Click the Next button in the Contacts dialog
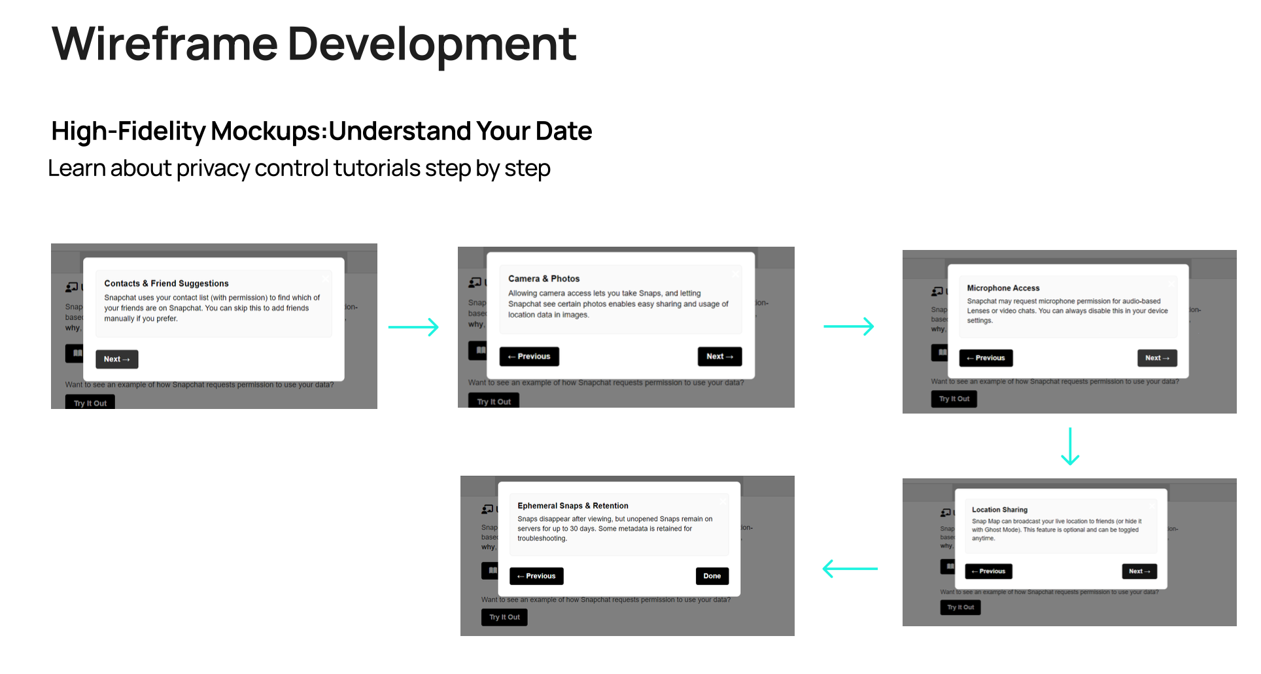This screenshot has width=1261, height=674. (x=116, y=359)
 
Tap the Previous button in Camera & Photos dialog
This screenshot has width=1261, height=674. (x=529, y=357)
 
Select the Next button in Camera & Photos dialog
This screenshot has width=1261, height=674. (x=719, y=357)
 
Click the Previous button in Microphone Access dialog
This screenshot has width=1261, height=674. (x=986, y=358)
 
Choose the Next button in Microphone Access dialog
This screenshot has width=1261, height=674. (x=1157, y=358)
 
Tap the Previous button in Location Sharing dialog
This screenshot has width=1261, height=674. (x=988, y=571)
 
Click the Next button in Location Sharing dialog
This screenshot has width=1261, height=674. (x=1139, y=571)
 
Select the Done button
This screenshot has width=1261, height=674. (x=712, y=576)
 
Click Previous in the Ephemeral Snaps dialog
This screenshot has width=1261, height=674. (x=536, y=576)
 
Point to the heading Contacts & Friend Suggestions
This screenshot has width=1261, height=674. (x=166, y=283)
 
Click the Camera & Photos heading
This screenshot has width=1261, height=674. (x=544, y=279)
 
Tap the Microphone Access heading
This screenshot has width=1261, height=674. (x=1003, y=288)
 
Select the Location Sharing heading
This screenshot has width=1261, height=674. (x=999, y=510)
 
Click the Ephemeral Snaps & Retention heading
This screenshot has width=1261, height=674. (x=572, y=506)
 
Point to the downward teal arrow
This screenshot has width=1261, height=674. (x=1070, y=446)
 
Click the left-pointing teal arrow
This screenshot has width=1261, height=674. (x=850, y=569)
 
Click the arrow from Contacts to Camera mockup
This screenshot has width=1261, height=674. (x=413, y=327)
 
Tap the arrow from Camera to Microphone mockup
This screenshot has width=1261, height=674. (x=848, y=326)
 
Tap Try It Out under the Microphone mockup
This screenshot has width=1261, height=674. (x=954, y=399)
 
